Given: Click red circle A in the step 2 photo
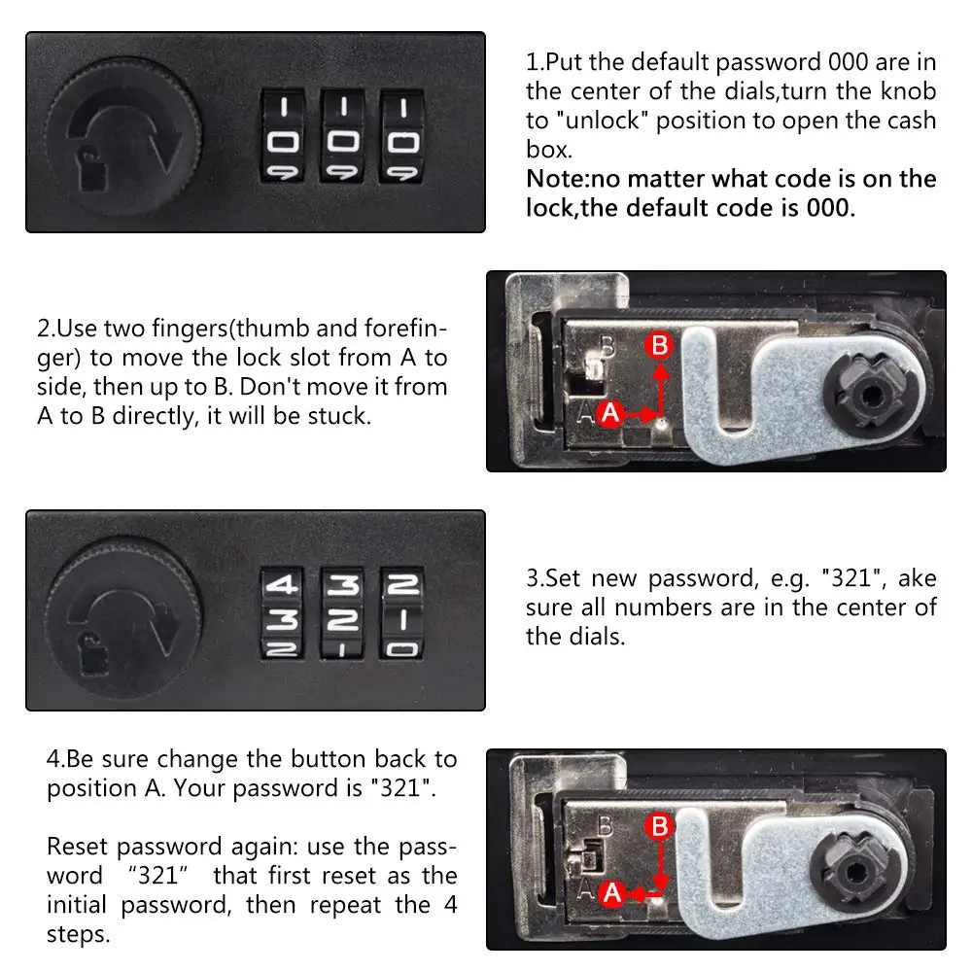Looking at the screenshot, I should coord(610,413).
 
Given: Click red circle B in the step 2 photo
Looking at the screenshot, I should coord(660,345).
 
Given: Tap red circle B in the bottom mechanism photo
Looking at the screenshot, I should coord(660,827).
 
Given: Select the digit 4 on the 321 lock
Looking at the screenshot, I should coord(284,585).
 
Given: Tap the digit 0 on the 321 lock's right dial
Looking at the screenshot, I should coord(401,648).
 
